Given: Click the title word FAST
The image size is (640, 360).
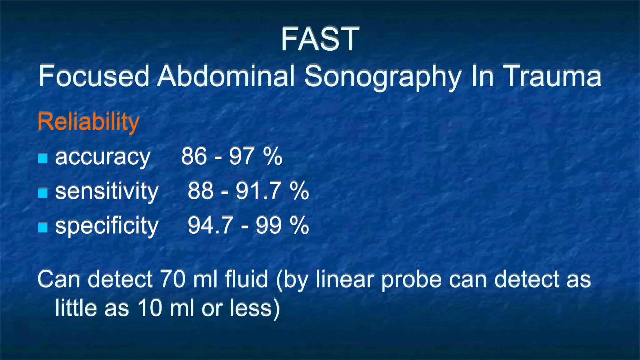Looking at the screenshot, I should point(320,39).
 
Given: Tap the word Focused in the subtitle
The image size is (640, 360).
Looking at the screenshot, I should point(94,76).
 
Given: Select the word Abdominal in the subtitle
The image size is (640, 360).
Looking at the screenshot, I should point(226,76).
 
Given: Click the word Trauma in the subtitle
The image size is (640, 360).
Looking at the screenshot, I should point(553,76).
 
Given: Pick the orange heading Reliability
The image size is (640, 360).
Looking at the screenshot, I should point(88,122).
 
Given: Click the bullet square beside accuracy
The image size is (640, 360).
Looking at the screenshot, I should point(43,158).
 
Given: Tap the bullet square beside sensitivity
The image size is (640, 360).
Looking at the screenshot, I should point(43,193).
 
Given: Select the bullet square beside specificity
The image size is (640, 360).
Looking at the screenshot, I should point(43,227).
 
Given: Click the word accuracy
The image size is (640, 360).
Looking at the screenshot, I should point(103,157).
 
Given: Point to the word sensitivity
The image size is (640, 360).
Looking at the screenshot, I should point(107,191).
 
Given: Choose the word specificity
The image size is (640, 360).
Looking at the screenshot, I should point(107,226).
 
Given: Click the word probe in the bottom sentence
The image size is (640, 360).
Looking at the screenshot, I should point(412,280).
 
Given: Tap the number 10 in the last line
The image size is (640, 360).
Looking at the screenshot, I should point(150,308).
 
